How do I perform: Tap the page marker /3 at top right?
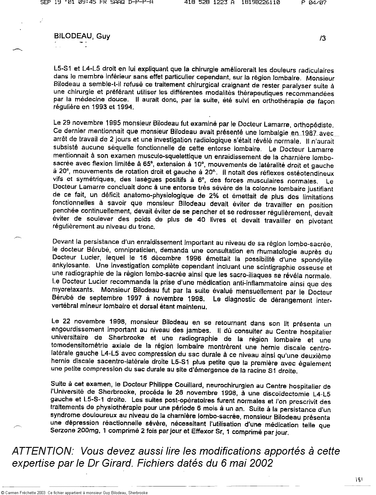pos(322,38)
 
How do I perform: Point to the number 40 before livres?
pos(193,220)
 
